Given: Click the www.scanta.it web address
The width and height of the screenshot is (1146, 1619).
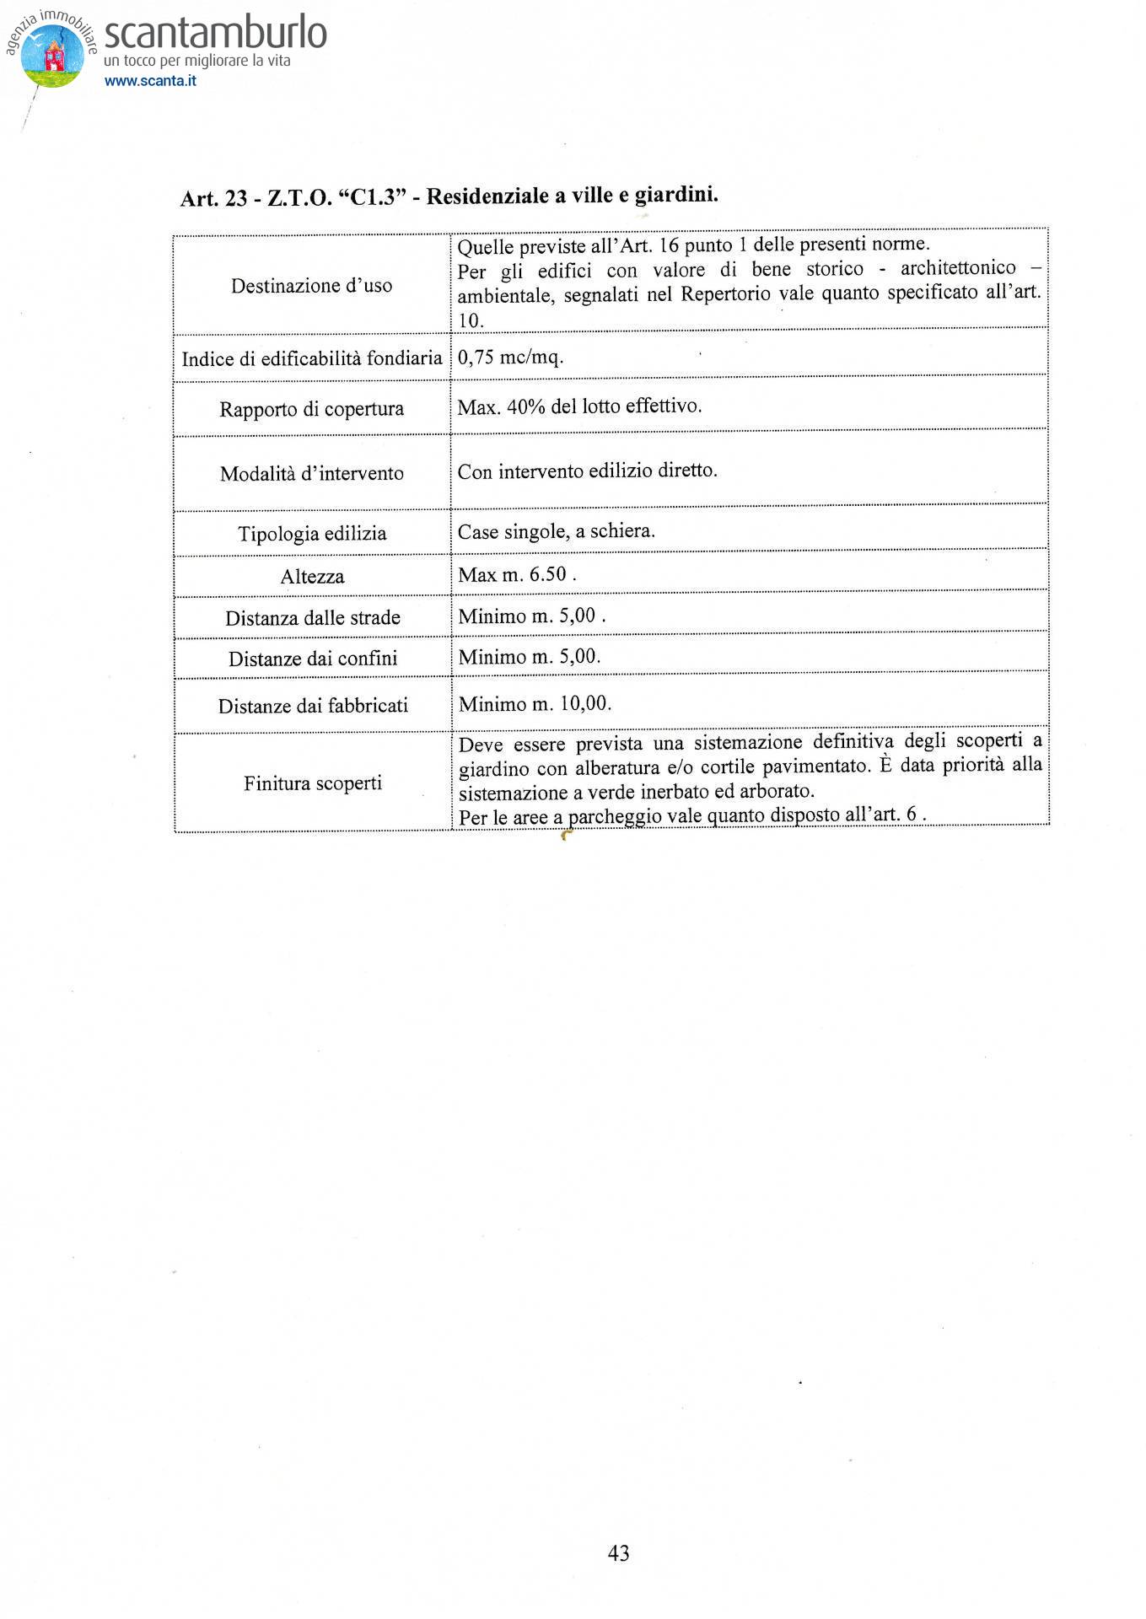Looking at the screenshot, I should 150,81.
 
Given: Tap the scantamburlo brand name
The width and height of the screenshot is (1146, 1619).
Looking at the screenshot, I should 215,34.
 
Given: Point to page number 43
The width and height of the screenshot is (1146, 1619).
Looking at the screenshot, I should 618,1552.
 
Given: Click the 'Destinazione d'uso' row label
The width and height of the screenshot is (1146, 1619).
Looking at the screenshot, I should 311,286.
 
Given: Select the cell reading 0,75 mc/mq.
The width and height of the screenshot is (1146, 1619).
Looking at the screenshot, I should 510,357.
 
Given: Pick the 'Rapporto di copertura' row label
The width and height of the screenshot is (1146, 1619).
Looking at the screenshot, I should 311,409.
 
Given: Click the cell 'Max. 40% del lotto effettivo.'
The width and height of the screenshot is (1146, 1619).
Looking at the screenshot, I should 579,406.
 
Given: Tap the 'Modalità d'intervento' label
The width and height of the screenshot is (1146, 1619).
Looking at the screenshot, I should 311,473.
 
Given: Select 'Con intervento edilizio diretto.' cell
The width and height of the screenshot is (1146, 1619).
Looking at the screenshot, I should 587,471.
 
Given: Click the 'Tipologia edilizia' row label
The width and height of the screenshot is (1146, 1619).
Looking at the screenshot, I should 311,534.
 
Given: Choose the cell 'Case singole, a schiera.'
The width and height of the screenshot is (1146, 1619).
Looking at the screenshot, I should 556,531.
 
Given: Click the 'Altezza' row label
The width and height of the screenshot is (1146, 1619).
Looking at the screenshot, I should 312,577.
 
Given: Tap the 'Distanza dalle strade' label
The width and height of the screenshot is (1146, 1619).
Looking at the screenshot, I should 312,618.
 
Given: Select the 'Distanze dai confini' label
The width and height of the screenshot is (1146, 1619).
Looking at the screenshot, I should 312,659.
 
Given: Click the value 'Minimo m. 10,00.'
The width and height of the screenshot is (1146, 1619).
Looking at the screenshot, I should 535,703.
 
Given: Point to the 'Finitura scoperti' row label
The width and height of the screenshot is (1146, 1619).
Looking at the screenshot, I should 313,783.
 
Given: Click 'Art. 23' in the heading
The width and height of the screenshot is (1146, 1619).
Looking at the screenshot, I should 213,199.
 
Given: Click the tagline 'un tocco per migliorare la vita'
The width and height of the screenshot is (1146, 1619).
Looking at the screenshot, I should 196,61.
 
